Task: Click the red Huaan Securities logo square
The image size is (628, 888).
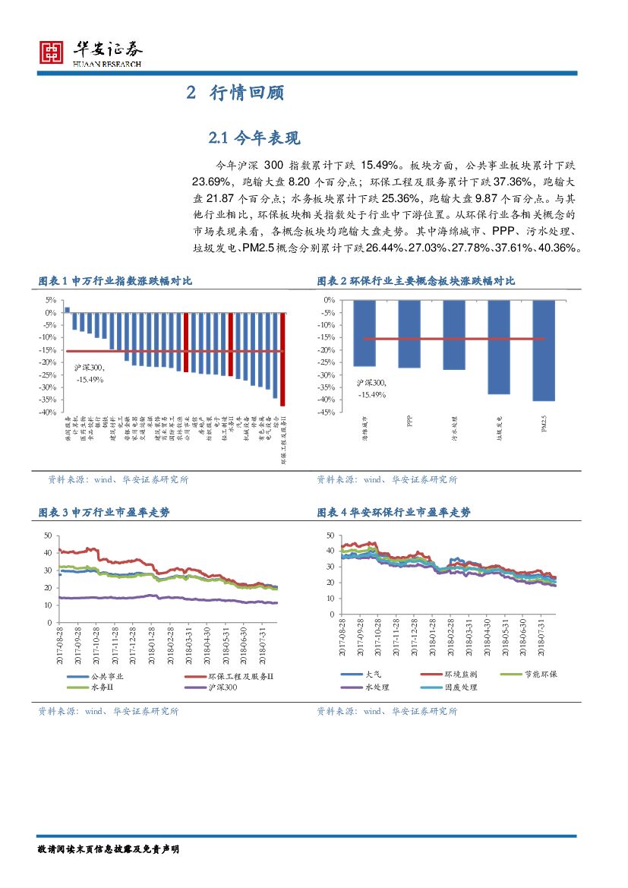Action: point(51,52)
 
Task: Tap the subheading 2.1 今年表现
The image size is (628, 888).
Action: point(244,137)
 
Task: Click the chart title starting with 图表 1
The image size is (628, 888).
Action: point(115,281)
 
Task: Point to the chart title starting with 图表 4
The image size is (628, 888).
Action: point(393,513)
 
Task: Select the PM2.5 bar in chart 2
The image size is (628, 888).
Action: point(544,350)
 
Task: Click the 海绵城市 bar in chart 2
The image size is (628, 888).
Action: point(364,333)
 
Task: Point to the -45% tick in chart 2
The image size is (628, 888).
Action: point(328,412)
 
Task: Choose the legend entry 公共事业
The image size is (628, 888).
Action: point(106,676)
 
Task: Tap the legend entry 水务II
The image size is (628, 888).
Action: point(102,687)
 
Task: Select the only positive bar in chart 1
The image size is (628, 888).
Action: point(68,309)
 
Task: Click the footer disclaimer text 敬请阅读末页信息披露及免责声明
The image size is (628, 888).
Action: point(109,849)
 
